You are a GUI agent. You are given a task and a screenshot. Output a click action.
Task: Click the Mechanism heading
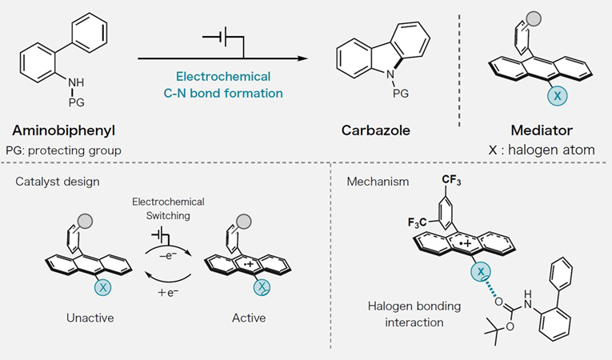377,182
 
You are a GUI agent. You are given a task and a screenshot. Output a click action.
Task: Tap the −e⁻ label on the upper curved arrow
170,250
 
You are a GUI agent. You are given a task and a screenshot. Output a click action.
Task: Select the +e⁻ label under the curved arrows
170,294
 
